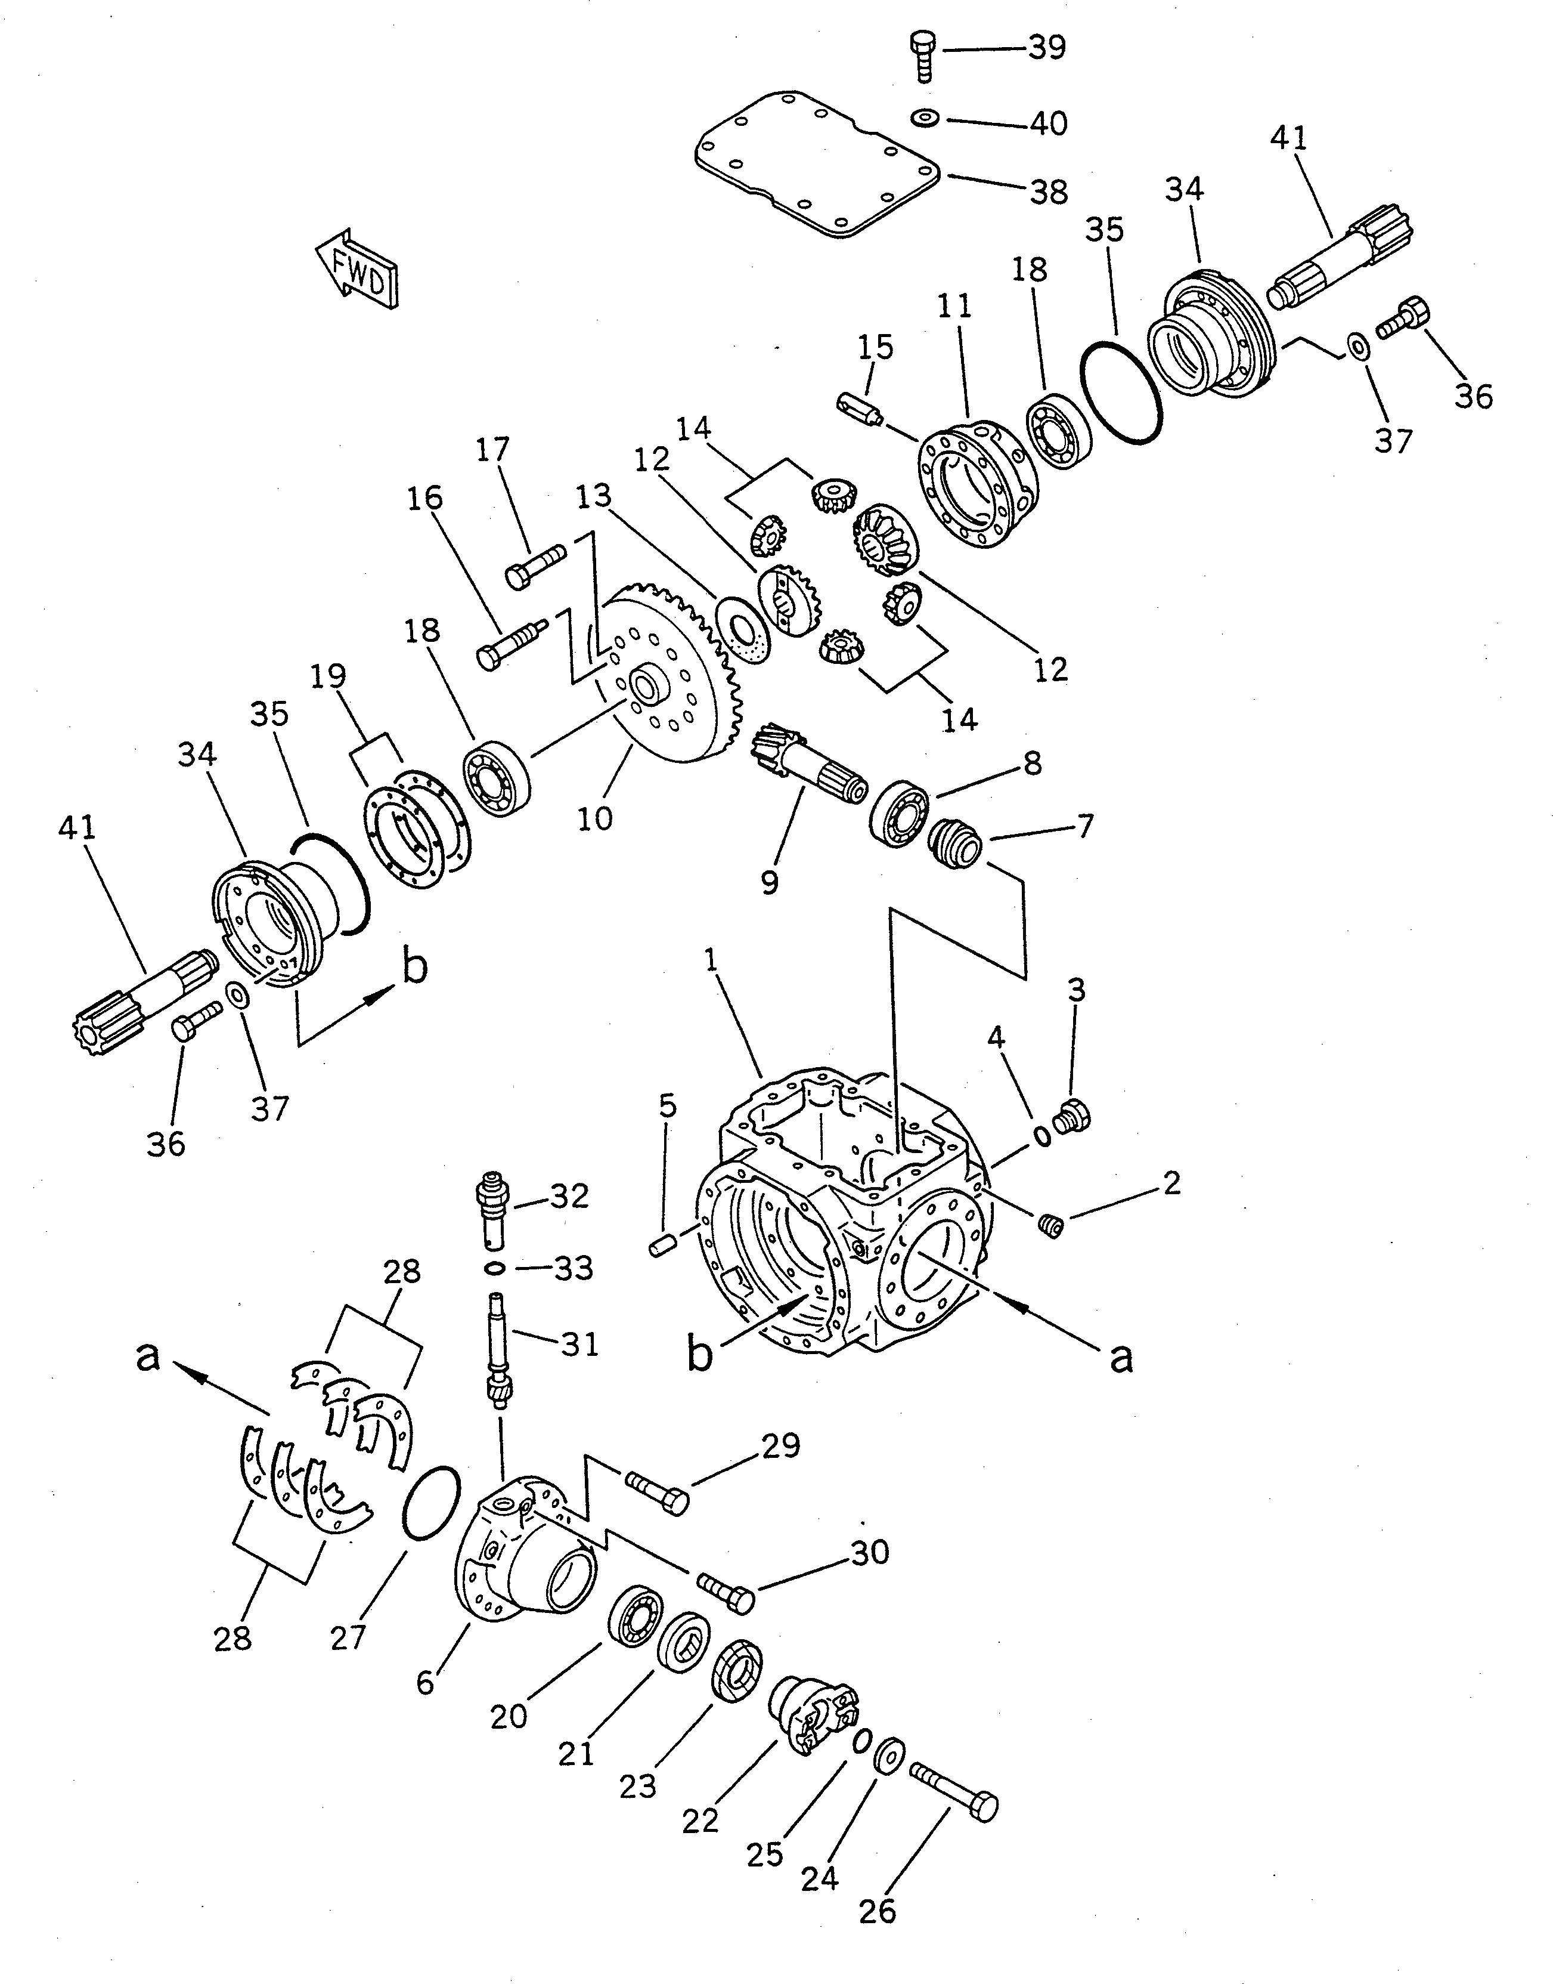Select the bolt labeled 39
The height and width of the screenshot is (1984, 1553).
922,54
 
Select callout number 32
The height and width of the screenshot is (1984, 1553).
570,1195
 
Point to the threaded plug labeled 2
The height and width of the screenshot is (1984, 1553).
1050,1225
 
